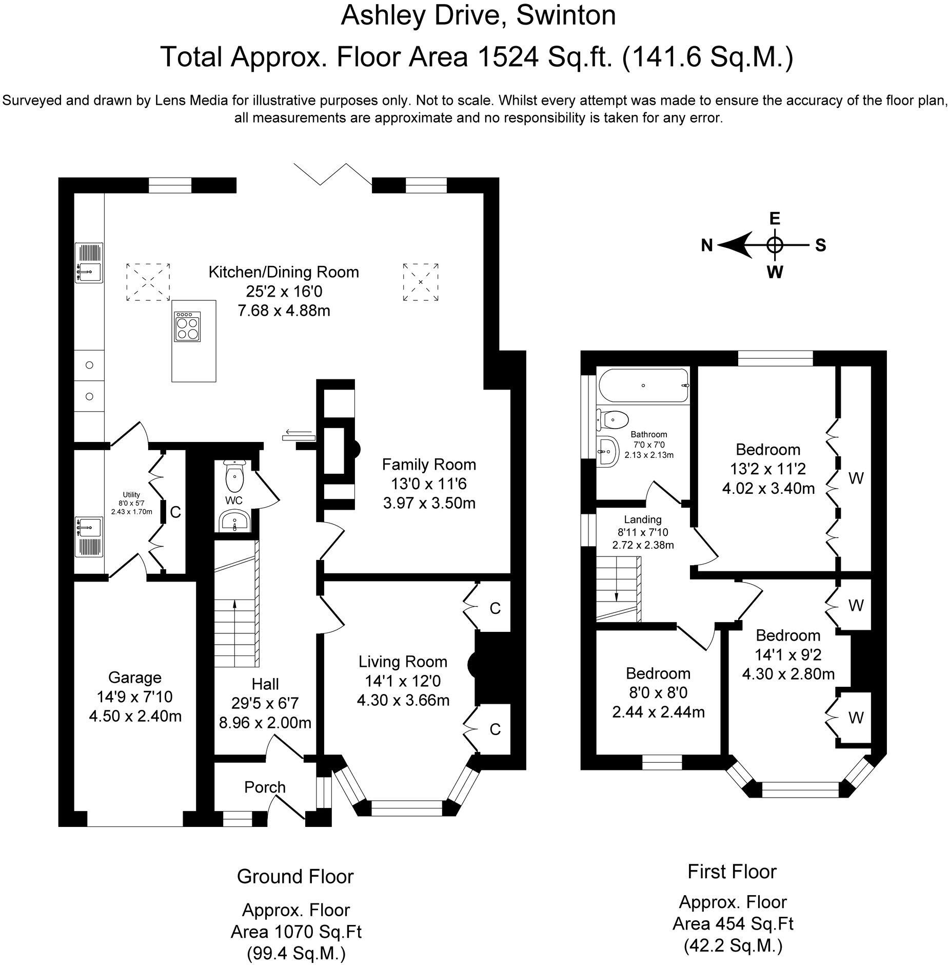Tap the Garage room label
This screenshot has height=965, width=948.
135,678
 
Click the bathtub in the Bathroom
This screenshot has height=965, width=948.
643,385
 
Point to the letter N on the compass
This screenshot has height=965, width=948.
707,246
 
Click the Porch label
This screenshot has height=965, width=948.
265,787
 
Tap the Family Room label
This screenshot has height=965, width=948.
429,465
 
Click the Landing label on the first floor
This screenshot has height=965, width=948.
643,520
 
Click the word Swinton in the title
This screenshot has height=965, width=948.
566,15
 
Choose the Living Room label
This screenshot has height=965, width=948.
403,662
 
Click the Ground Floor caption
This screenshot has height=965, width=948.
295,876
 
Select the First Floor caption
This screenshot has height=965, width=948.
732,871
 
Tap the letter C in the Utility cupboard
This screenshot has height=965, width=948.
175,512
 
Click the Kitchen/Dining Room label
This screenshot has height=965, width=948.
284,272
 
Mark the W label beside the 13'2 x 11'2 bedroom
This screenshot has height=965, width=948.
856,478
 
